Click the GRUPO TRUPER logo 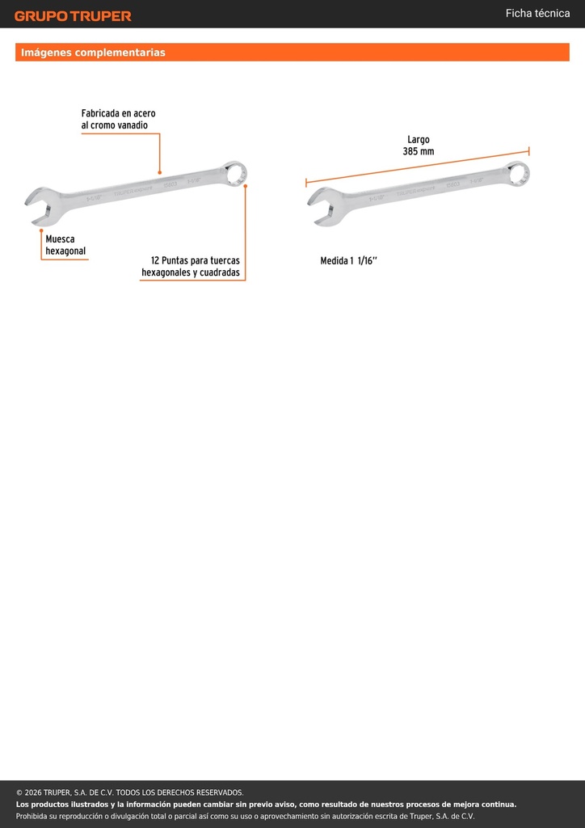73,16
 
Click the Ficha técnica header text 537,14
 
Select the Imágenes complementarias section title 93,53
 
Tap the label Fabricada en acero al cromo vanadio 118,120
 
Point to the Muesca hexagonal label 65,245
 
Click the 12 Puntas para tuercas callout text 191,267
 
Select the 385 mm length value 418,151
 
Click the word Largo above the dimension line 419,140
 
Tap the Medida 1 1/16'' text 349,261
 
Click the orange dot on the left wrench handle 159,172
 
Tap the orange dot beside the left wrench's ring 246,186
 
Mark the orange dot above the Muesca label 41,230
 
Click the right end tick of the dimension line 528,151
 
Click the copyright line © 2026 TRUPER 130,792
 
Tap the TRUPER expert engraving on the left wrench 133,191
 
